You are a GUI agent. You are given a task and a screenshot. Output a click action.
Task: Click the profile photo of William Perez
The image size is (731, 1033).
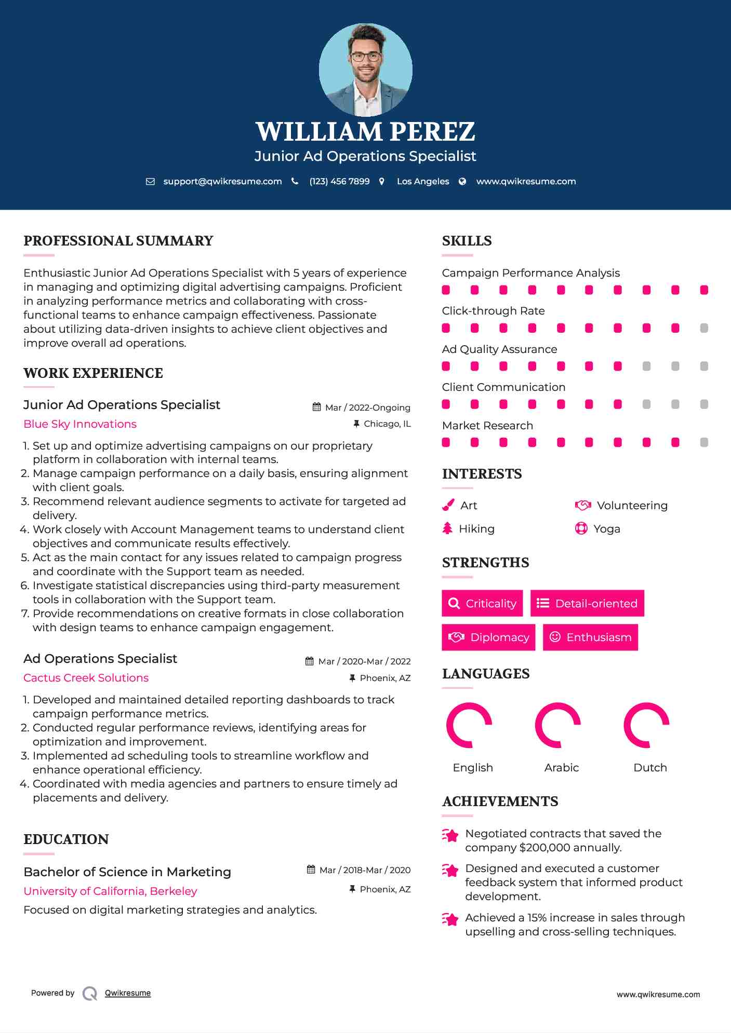point(365,70)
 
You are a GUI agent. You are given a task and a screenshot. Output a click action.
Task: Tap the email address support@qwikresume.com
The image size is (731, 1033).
point(222,181)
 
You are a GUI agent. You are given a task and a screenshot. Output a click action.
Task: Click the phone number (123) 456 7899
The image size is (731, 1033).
point(339,181)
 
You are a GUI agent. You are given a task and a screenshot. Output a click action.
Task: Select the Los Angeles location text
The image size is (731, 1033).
point(422,181)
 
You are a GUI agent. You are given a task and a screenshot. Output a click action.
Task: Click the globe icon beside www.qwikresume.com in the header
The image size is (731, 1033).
point(462,181)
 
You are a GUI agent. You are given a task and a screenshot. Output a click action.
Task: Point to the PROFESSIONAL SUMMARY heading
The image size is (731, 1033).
point(118,241)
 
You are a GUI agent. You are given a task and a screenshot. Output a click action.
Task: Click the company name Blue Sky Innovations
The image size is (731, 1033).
point(80,424)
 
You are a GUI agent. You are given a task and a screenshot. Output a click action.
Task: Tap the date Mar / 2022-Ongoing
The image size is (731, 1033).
point(367,407)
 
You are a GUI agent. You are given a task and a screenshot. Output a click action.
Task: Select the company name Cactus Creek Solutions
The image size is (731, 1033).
point(86,678)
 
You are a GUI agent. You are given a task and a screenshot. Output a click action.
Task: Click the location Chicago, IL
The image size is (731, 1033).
point(387,424)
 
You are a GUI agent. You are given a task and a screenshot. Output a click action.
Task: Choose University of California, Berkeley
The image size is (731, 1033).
point(110,891)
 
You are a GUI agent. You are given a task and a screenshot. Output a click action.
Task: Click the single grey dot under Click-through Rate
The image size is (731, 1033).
point(704,328)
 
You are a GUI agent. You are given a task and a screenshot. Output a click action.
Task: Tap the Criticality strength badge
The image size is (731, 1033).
point(482,603)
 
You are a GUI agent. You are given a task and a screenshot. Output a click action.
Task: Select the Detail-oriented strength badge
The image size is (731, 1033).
point(587,603)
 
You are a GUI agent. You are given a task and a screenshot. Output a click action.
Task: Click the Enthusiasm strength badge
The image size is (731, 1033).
point(590,637)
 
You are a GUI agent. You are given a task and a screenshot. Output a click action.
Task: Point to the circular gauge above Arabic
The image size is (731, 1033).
point(558,725)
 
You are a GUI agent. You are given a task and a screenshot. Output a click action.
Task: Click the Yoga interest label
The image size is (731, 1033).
point(606,529)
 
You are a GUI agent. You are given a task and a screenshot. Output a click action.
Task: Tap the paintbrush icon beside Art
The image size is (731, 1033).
point(448,505)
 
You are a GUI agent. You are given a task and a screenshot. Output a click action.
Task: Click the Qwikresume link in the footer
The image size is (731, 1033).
point(128,993)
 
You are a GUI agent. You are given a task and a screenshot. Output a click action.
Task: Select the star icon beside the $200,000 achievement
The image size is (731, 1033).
point(450,835)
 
